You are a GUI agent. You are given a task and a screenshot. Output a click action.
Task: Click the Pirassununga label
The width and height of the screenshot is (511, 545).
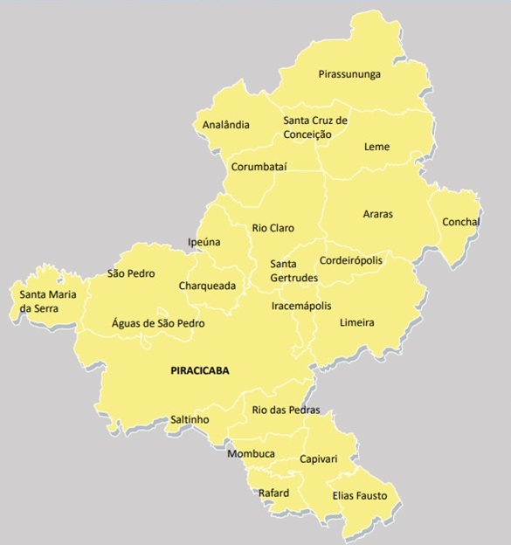(x=349, y=75)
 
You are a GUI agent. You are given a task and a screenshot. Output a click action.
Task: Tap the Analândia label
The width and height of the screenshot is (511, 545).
(x=225, y=125)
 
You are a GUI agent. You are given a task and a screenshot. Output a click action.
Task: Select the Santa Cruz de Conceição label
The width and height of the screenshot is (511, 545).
(x=315, y=128)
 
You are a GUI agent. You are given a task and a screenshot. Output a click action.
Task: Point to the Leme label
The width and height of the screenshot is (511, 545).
(x=376, y=147)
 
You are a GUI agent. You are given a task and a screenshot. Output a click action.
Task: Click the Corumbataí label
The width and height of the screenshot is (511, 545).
(x=259, y=167)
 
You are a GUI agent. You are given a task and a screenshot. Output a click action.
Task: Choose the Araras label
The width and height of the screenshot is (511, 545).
(x=378, y=213)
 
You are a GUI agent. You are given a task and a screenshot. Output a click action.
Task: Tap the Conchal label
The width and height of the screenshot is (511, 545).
(x=461, y=222)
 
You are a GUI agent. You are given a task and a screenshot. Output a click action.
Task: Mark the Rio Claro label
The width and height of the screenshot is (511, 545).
(x=273, y=228)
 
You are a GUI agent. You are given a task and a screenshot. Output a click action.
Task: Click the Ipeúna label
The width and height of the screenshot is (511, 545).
(x=204, y=242)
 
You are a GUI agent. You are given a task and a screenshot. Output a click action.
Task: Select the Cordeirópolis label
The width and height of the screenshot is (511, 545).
(x=351, y=260)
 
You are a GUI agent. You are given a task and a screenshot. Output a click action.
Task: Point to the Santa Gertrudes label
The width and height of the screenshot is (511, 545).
(x=293, y=271)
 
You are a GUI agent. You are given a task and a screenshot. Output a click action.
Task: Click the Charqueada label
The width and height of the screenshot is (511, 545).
(x=207, y=286)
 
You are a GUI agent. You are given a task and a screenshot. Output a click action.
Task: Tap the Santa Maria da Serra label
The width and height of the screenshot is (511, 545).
(x=48, y=301)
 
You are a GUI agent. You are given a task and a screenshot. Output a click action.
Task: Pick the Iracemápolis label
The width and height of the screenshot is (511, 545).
(x=301, y=307)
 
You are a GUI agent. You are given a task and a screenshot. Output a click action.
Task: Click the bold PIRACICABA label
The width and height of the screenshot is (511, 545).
(x=199, y=371)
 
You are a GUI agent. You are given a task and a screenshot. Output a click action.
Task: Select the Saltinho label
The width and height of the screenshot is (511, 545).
(x=190, y=419)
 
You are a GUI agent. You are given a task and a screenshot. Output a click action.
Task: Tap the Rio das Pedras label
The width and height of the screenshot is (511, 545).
(x=286, y=410)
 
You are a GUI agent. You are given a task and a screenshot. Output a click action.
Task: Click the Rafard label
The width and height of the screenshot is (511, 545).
(x=273, y=493)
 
